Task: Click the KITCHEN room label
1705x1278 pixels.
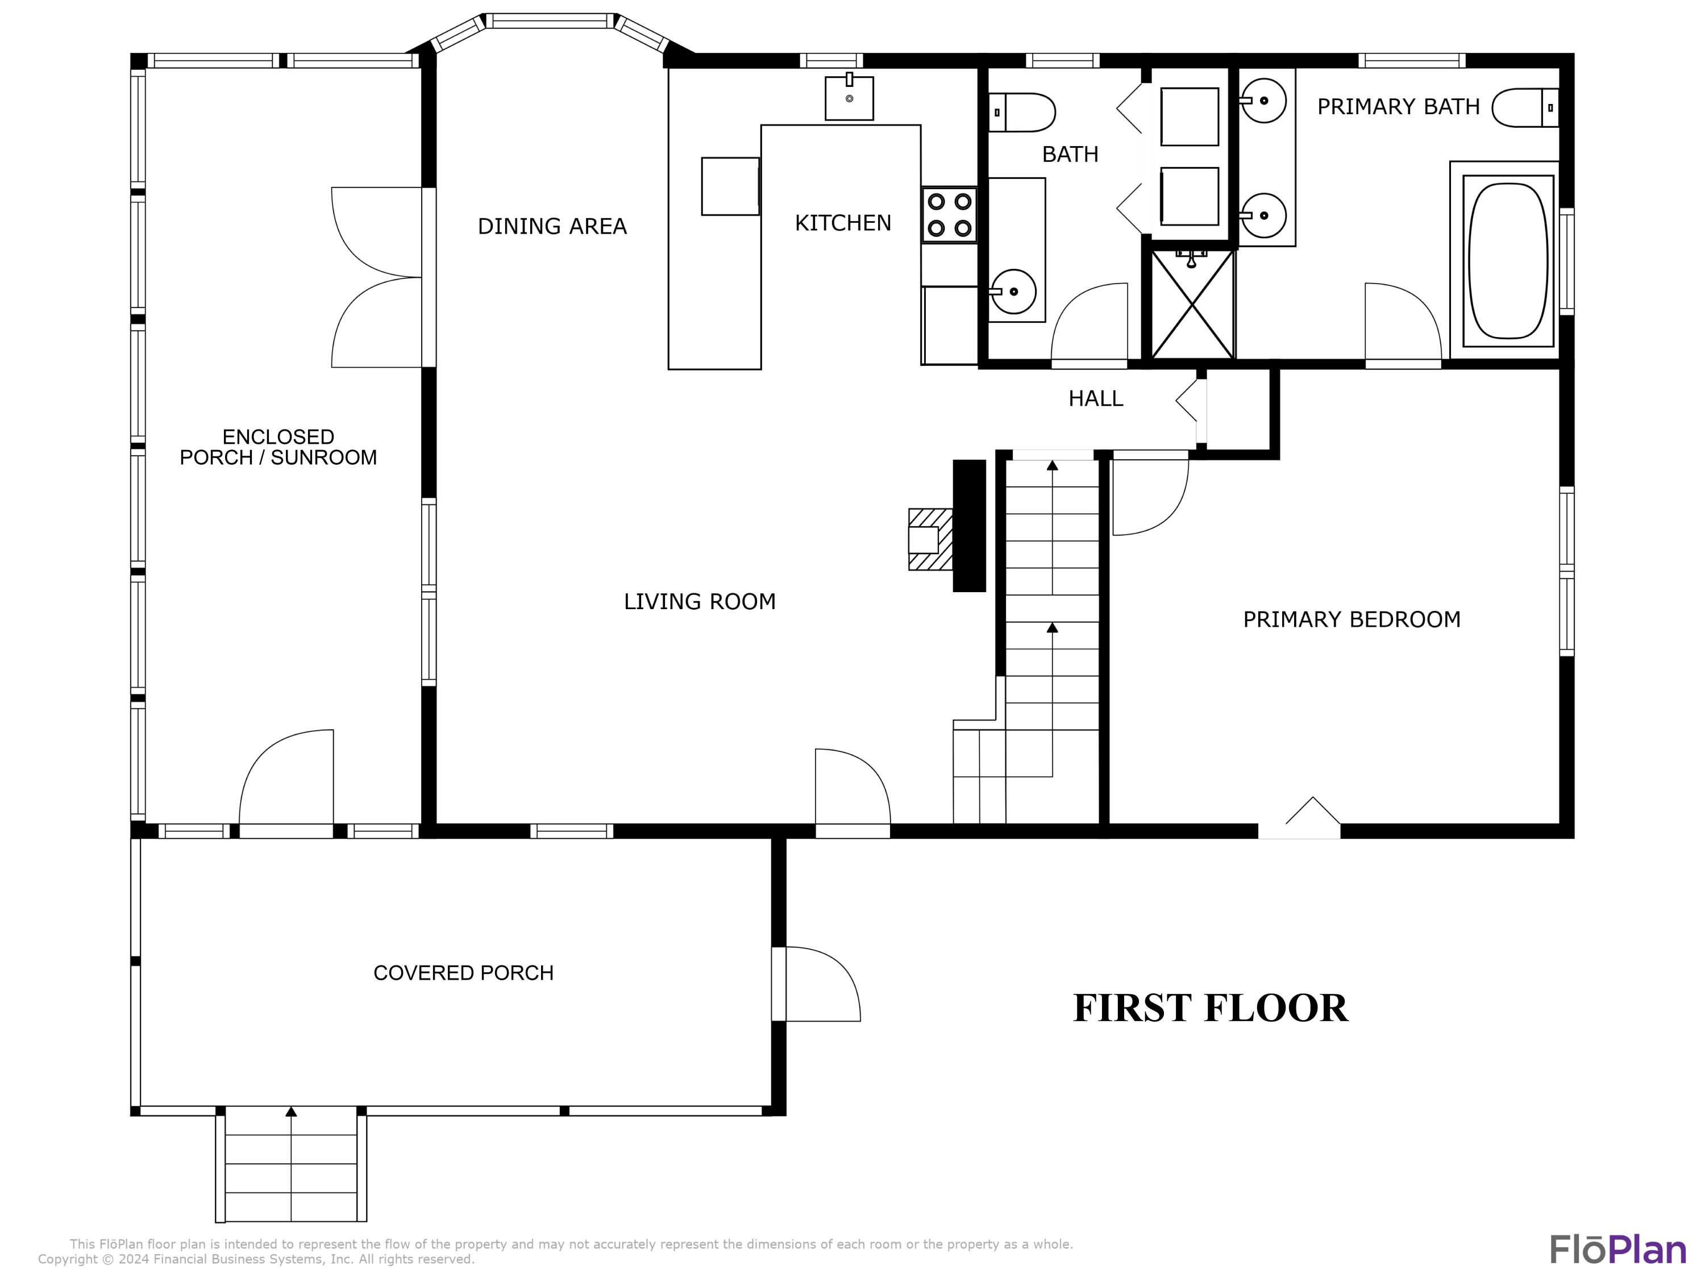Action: [842, 223]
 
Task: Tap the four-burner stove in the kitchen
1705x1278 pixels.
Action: [949, 215]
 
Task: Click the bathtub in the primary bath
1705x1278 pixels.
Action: [1508, 260]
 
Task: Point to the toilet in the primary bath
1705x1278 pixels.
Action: [1525, 107]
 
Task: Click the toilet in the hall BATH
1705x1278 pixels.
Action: [1021, 113]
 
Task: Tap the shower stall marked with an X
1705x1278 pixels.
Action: [1192, 305]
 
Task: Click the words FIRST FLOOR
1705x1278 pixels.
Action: [1210, 1008]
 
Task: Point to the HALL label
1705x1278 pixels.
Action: [1095, 398]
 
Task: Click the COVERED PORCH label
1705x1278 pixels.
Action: [463, 973]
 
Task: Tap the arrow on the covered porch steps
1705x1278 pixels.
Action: [290, 1112]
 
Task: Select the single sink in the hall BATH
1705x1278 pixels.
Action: [1013, 292]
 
